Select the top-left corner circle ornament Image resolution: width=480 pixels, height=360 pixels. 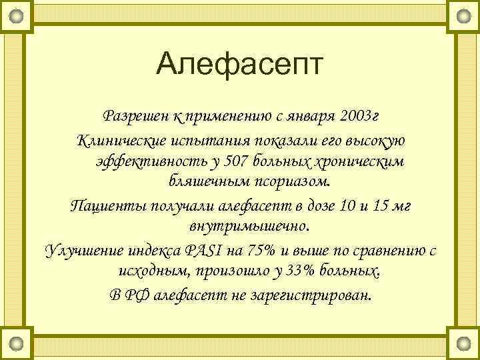pos(17,15)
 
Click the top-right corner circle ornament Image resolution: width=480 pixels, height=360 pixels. pos(463,15)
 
